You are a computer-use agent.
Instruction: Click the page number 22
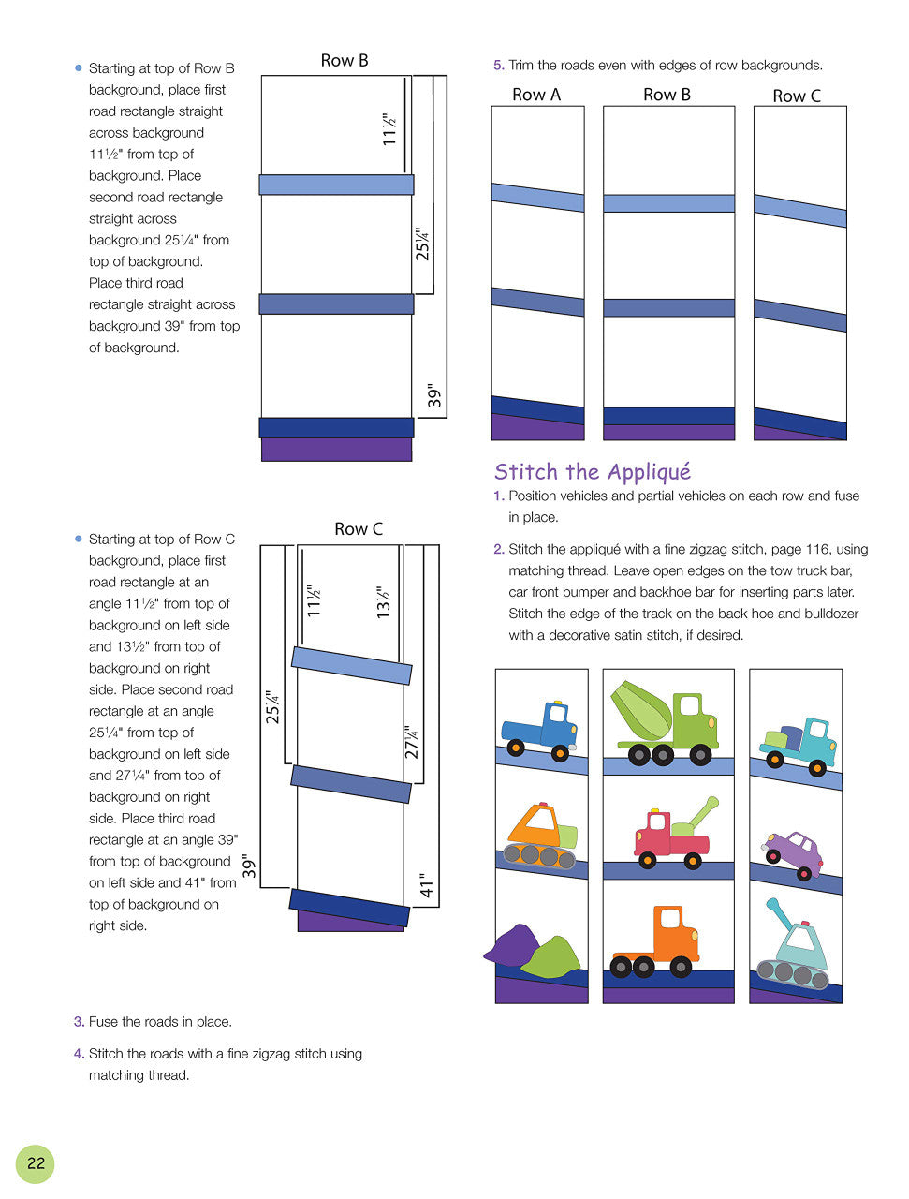tap(36, 1163)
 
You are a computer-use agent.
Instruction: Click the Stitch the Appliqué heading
tap(592, 471)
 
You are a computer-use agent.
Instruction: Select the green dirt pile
tap(552, 955)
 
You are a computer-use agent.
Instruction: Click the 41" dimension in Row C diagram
tap(427, 884)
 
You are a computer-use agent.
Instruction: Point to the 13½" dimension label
tap(383, 602)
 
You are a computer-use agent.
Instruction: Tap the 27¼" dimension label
tap(411, 742)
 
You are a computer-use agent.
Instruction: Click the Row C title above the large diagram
tap(359, 529)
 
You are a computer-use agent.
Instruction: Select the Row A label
tap(536, 95)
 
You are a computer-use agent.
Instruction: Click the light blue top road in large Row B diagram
tap(336, 185)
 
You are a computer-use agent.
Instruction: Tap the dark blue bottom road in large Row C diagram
tap(349, 907)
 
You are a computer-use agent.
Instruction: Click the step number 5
tap(499, 66)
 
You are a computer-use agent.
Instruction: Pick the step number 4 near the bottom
tap(79, 1054)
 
